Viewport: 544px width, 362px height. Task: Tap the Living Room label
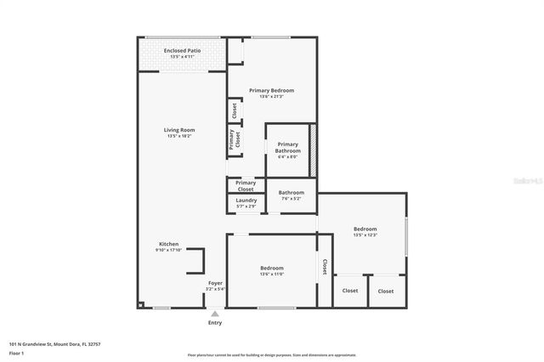point(180,130)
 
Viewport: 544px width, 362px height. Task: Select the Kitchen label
point(168,244)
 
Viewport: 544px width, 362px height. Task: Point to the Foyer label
point(216,283)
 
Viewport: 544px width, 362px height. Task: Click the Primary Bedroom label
point(271,90)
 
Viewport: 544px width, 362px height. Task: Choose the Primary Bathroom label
point(287,147)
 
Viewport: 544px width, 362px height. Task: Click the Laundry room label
point(246,201)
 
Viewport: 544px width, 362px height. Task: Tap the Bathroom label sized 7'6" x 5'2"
point(291,193)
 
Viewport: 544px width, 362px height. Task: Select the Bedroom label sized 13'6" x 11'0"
point(272,269)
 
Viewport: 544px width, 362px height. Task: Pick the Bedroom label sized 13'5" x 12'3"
point(365,229)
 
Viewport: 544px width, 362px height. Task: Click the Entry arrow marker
point(214,314)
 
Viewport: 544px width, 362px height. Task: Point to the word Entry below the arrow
point(214,323)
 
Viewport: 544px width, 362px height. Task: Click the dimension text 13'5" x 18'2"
point(180,136)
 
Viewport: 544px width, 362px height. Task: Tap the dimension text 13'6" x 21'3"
point(271,96)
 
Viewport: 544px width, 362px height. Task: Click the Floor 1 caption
point(15,352)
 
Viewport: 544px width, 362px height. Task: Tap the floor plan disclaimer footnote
point(271,354)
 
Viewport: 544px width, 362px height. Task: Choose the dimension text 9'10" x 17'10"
point(168,250)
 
